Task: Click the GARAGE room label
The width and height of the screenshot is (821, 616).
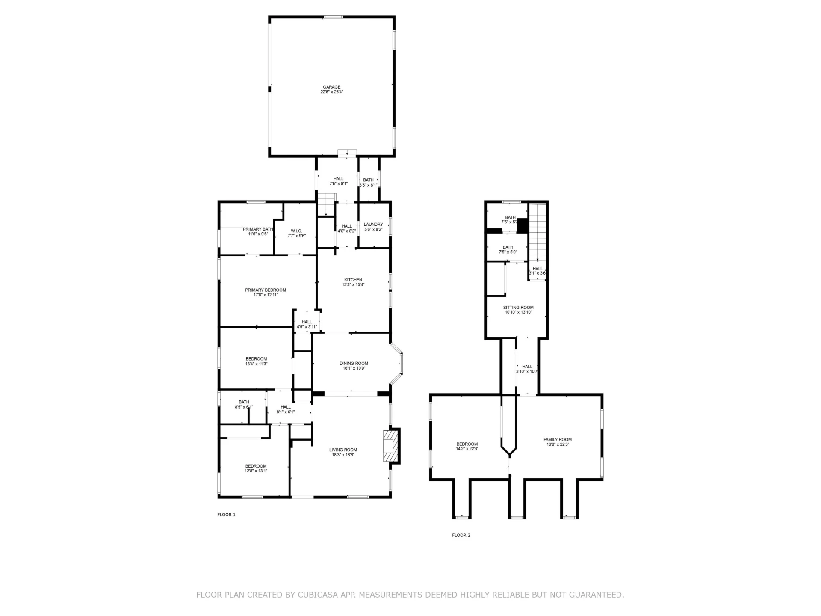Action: (332, 87)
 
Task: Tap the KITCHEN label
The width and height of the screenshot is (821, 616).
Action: (353, 280)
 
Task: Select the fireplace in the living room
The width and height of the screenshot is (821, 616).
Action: (391, 446)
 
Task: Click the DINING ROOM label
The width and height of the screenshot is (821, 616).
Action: (354, 364)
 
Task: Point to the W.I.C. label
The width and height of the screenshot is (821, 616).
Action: (296, 231)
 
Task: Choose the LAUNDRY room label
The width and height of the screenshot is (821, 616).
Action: (373, 225)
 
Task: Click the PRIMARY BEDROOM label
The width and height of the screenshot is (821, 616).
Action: (266, 290)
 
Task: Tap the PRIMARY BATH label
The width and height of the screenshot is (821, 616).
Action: (258, 229)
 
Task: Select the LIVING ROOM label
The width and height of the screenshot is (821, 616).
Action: (343, 450)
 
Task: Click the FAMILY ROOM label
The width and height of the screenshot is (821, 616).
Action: (558, 440)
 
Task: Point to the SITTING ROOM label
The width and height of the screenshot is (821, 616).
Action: (518, 308)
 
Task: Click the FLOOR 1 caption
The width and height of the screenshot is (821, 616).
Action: (226, 515)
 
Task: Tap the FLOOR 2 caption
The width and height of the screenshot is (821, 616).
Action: (461, 535)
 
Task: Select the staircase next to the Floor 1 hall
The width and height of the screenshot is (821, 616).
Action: (326, 204)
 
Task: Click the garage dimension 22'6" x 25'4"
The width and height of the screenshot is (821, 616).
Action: (332, 92)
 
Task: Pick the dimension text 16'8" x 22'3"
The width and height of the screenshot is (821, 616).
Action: (558, 444)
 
